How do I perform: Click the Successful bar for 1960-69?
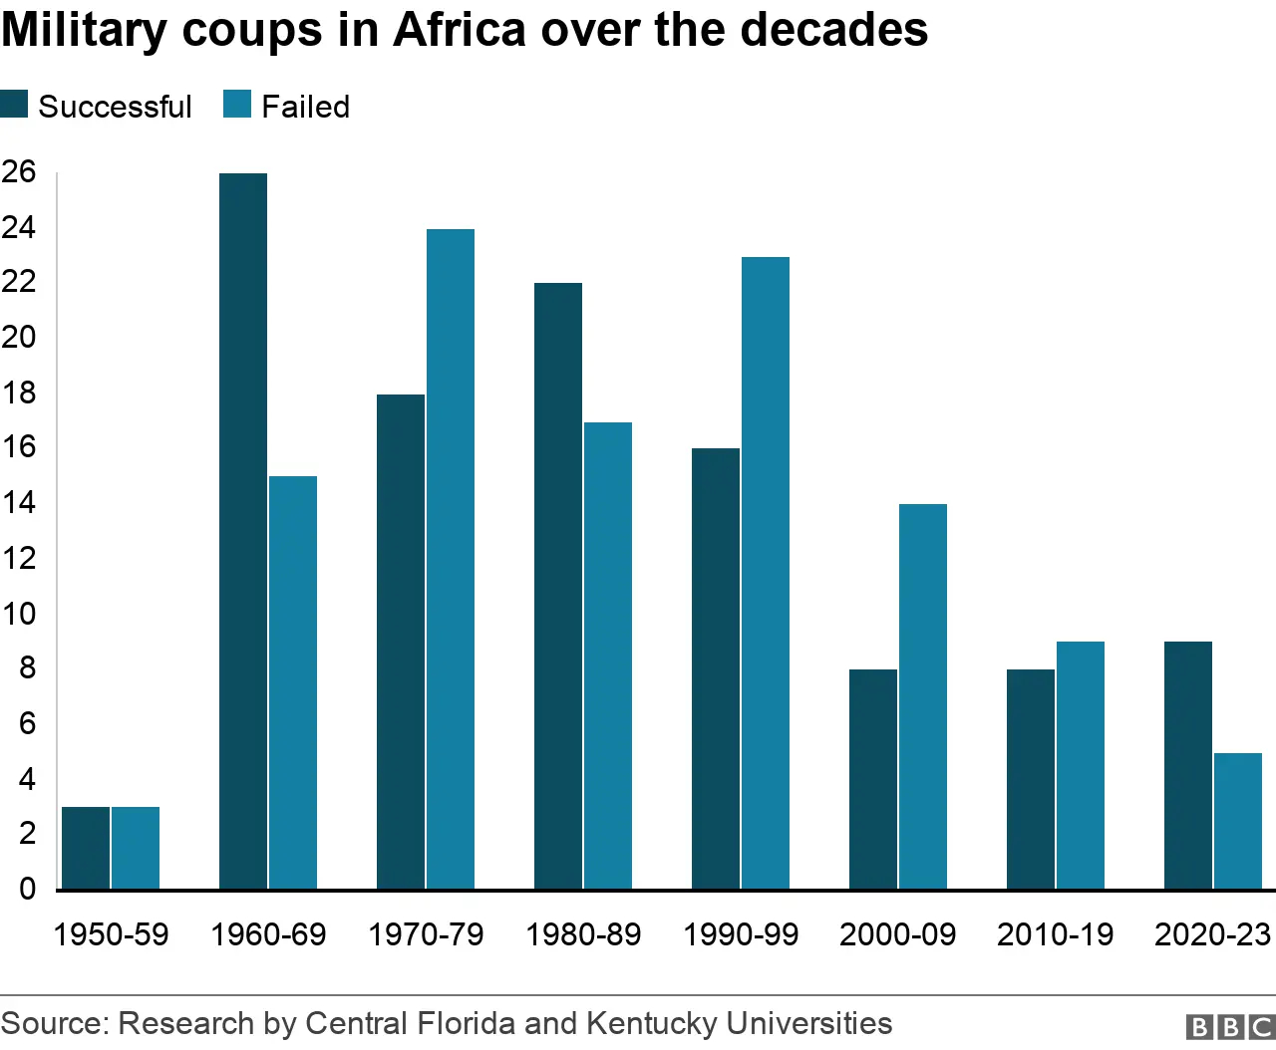click(243, 531)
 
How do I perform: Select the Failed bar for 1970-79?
click(451, 559)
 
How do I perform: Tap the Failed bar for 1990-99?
click(766, 573)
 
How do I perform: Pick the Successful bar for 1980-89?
click(558, 586)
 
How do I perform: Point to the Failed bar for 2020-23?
click(1238, 821)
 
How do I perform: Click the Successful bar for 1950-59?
click(86, 848)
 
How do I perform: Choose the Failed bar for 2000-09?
click(923, 696)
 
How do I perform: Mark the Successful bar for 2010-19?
click(1031, 779)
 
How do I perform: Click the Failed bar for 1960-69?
click(293, 682)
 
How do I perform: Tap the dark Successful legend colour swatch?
click(14, 105)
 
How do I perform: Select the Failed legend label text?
click(305, 107)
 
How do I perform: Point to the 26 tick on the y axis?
click(19, 172)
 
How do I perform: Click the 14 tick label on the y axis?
click(19, 503)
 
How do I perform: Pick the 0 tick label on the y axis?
click(27, 889)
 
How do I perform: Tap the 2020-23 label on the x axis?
click(1212, 934)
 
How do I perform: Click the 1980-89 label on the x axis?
click(583, 934)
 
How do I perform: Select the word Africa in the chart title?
click(460, 30)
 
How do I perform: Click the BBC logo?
click(1230, 1027)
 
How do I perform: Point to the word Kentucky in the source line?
click(651, 1024)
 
